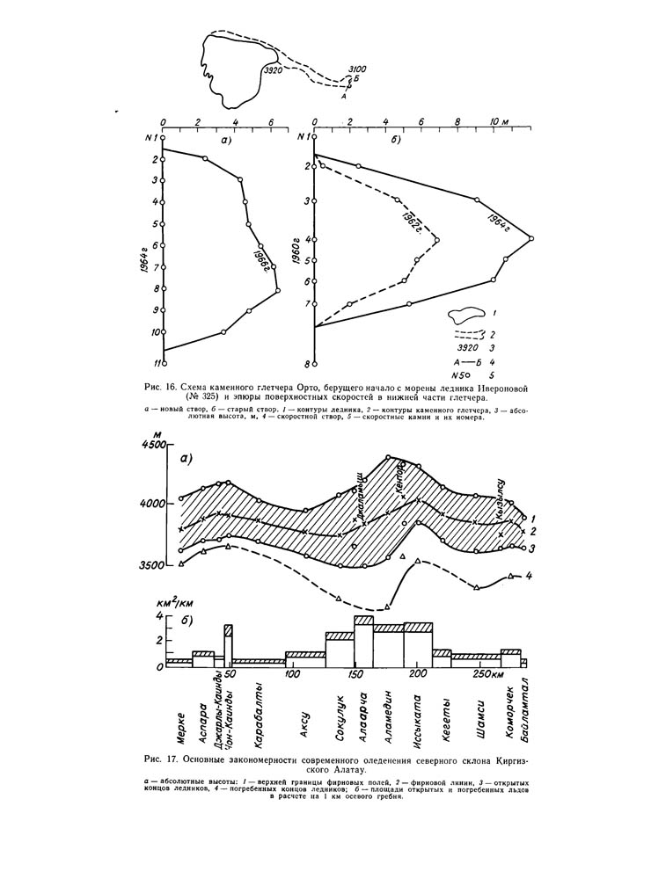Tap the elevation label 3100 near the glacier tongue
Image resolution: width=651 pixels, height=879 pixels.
click(x=357, y=67)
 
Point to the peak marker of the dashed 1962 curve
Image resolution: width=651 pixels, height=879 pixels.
click(x=437, y=239)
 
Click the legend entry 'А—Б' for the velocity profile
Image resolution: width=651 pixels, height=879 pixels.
click(x=464, y=360)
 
